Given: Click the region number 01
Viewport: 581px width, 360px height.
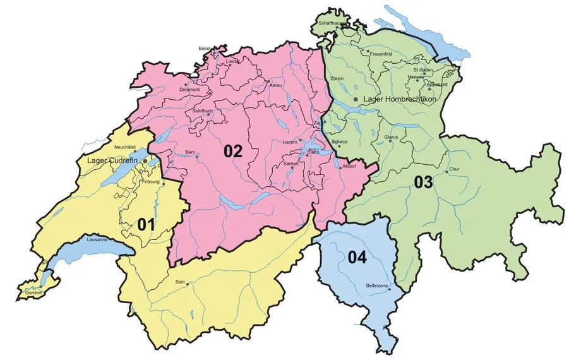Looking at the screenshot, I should [x=147, y=224].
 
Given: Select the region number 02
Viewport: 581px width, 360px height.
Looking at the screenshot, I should [x=232, y=151].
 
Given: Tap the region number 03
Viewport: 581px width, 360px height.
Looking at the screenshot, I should [x=423, y=183].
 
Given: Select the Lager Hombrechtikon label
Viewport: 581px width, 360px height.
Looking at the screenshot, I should [x=400, y=99].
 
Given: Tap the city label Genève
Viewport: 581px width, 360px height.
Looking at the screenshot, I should [x=32, y=293].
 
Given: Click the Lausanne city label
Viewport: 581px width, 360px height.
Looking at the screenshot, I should [x=97, y=240].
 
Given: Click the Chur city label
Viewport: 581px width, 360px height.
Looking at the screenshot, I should [x=454, y=170].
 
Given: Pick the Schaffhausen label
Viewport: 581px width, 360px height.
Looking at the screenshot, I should [x=332, y=23].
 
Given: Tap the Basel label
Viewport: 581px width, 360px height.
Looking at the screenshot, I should [x=205, y=48].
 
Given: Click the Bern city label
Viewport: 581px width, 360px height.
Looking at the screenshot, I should [x=191, y=152].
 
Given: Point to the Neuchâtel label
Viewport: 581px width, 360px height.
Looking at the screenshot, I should [x=126, y=147].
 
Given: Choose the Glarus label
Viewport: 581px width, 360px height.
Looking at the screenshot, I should [x=392, y=137].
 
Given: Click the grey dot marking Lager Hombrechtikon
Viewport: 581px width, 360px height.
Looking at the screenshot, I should [x=356, y=99].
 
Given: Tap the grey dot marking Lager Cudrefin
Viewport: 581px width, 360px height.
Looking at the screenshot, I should [x=145, y=162].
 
